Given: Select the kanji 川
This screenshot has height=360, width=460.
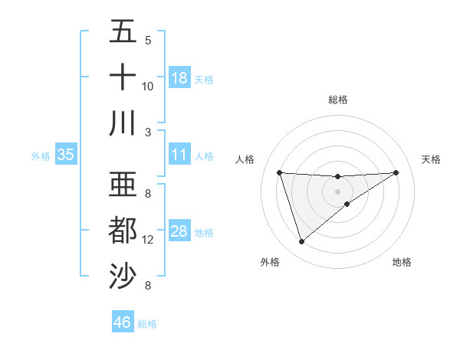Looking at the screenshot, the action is pyautogui.click(x=123, y=123).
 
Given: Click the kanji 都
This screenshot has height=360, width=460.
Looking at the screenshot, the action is pyautogui.click(x=123, y=231).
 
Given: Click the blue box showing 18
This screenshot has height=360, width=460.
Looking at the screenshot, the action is pyautogui.click(x=179, y=78).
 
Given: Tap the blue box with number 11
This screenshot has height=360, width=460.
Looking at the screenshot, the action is pyautogui.click(x=179, y=155).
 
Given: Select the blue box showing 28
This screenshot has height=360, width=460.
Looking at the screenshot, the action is pyautogui.click(x=179, y=232).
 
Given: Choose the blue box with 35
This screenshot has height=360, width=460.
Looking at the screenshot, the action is pyautogui.click(x=65, y=155).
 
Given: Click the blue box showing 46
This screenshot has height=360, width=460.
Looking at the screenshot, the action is pyautogui.click(x=122, y=322).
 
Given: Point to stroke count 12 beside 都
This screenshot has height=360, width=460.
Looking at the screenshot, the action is pyautogui.click(x=148, y=240).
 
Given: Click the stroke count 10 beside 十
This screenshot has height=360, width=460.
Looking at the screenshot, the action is pyautogui.click(x=148, y=86).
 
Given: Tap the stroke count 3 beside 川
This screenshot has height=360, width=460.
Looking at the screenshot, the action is pyautogui.click(x=148, y=131).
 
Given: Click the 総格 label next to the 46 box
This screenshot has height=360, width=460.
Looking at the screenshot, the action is pyautogui.click(x=147, y=324).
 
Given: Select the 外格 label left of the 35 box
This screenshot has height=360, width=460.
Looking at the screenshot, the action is pyautogui.click(x=41, y=156).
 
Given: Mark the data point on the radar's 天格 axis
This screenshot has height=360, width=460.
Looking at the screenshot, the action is pyautogui.click(x=396, y=172).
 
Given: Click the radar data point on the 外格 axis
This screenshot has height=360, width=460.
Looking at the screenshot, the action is pyautogui.click(x=301, y=242).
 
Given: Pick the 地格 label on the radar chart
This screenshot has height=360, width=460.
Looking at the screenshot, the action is pyautogui.click(x=402, y=263).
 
